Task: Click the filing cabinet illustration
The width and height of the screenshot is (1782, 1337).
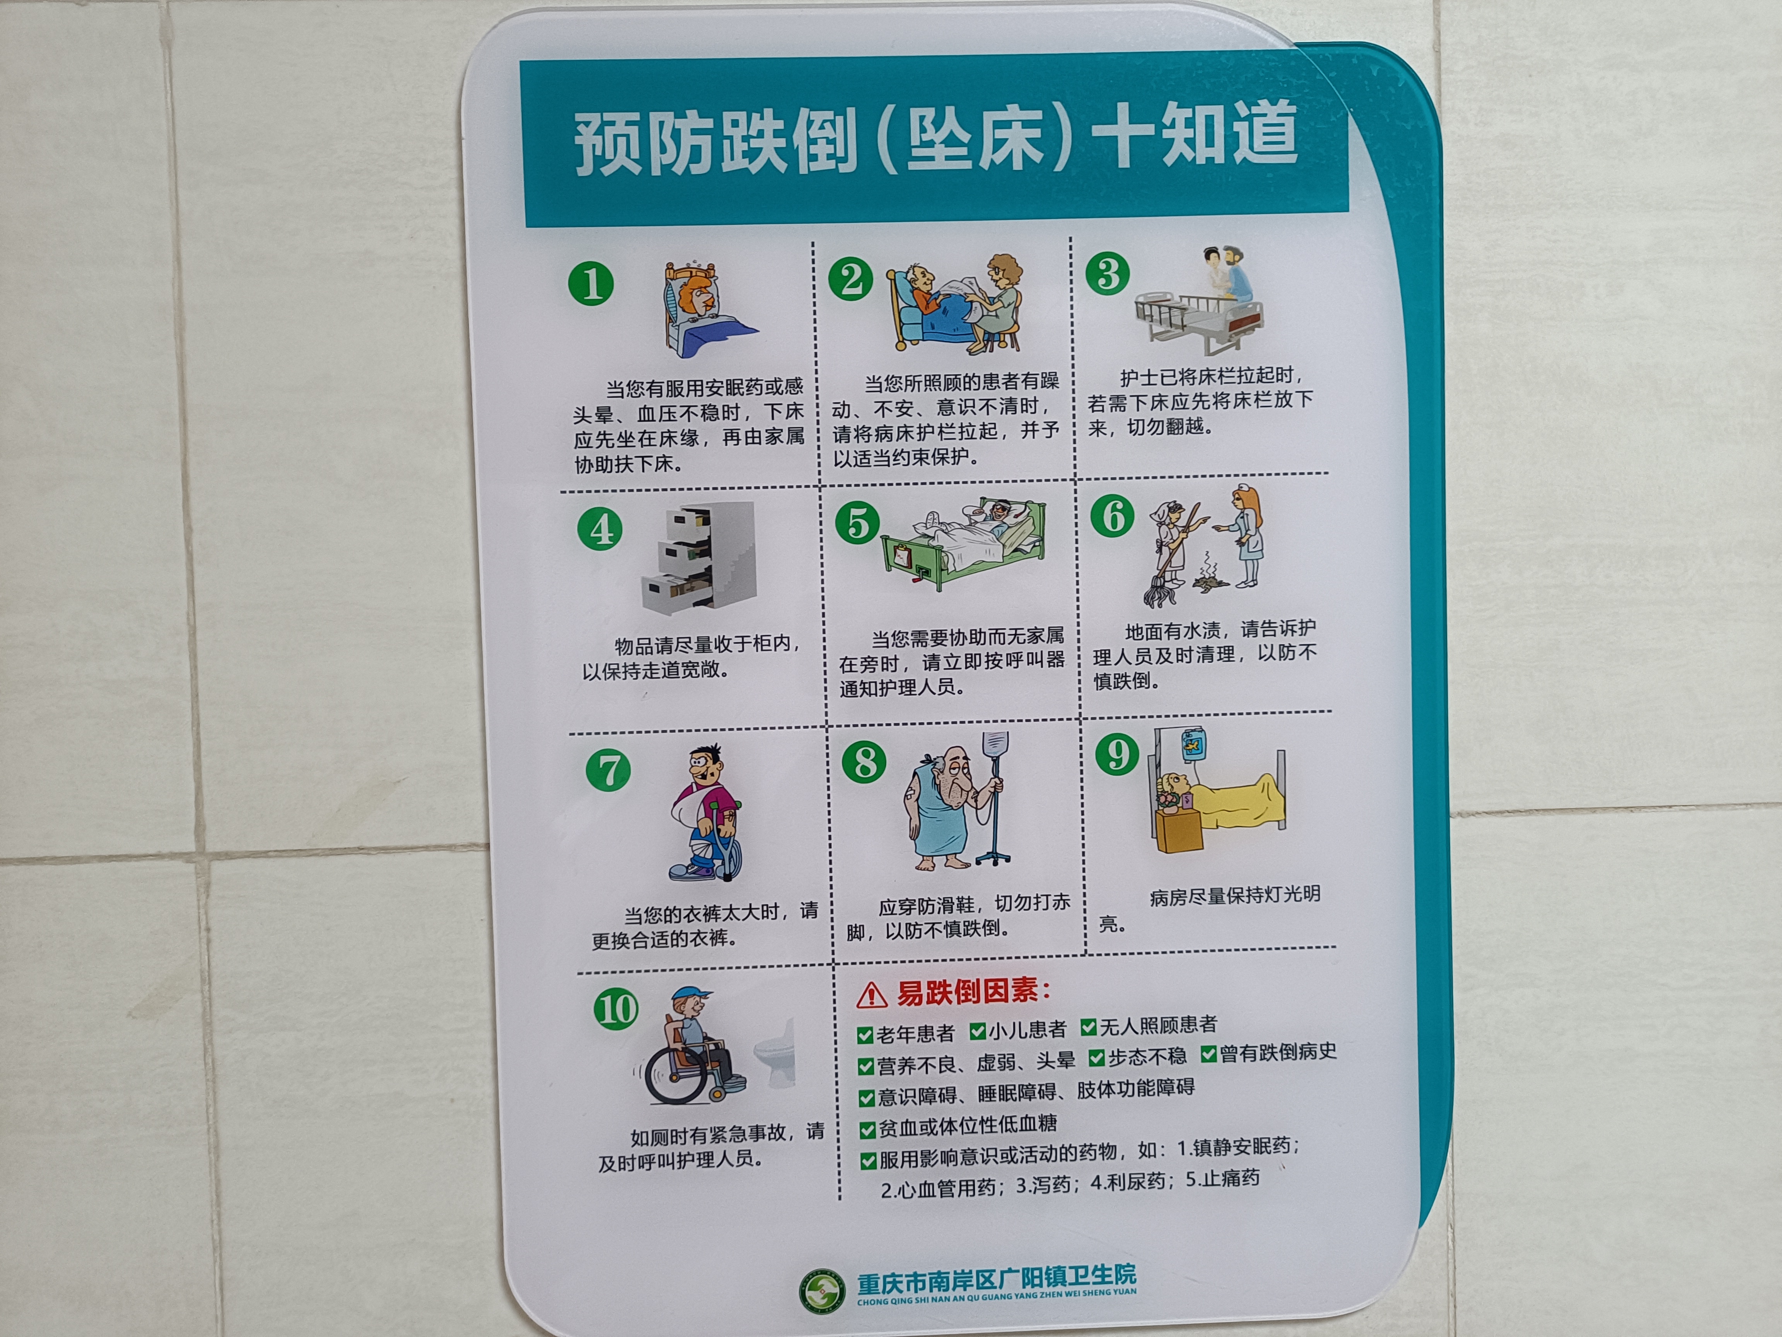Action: pyautogui.click(x=699, y=558)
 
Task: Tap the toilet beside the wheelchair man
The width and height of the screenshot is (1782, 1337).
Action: pyautogui.click(x=775, y=1053)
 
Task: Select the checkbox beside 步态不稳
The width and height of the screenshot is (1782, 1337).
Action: pyautogui.click(x=1096, y=1057)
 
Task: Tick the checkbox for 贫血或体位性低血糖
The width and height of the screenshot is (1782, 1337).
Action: pyautogui.click(x=868, y=1130)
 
